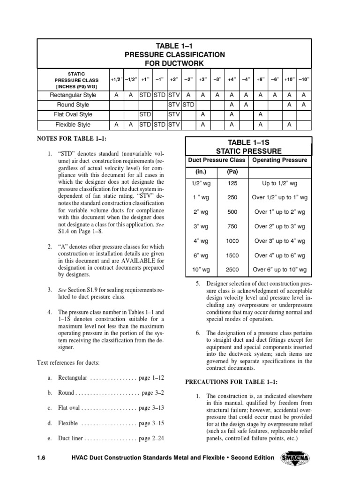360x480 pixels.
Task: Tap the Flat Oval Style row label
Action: click(x=73, y=114)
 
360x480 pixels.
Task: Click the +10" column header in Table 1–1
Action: click(x=290, y=79)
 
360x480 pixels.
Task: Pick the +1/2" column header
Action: click(x=116, y=79)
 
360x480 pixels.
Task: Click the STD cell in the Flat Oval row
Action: click(x=145, y=114)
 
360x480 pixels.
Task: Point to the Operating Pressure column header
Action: click(x=280, y=160)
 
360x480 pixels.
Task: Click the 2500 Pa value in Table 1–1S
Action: click(x=232, y=270)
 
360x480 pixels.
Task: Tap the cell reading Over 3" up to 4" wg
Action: click(x=280, y=241)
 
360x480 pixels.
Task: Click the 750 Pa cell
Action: click(x=232, y=226)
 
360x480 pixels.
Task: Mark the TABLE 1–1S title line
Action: click(x=248, y=142)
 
